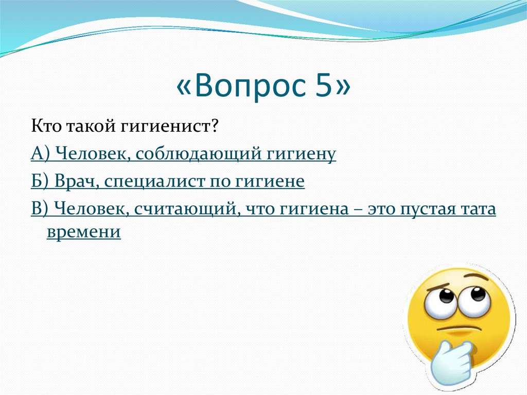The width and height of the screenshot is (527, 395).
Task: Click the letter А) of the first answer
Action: click(39, 153)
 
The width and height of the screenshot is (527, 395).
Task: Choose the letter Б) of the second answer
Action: click(39, 181)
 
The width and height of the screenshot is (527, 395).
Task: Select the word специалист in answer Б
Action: click(149, 181)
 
